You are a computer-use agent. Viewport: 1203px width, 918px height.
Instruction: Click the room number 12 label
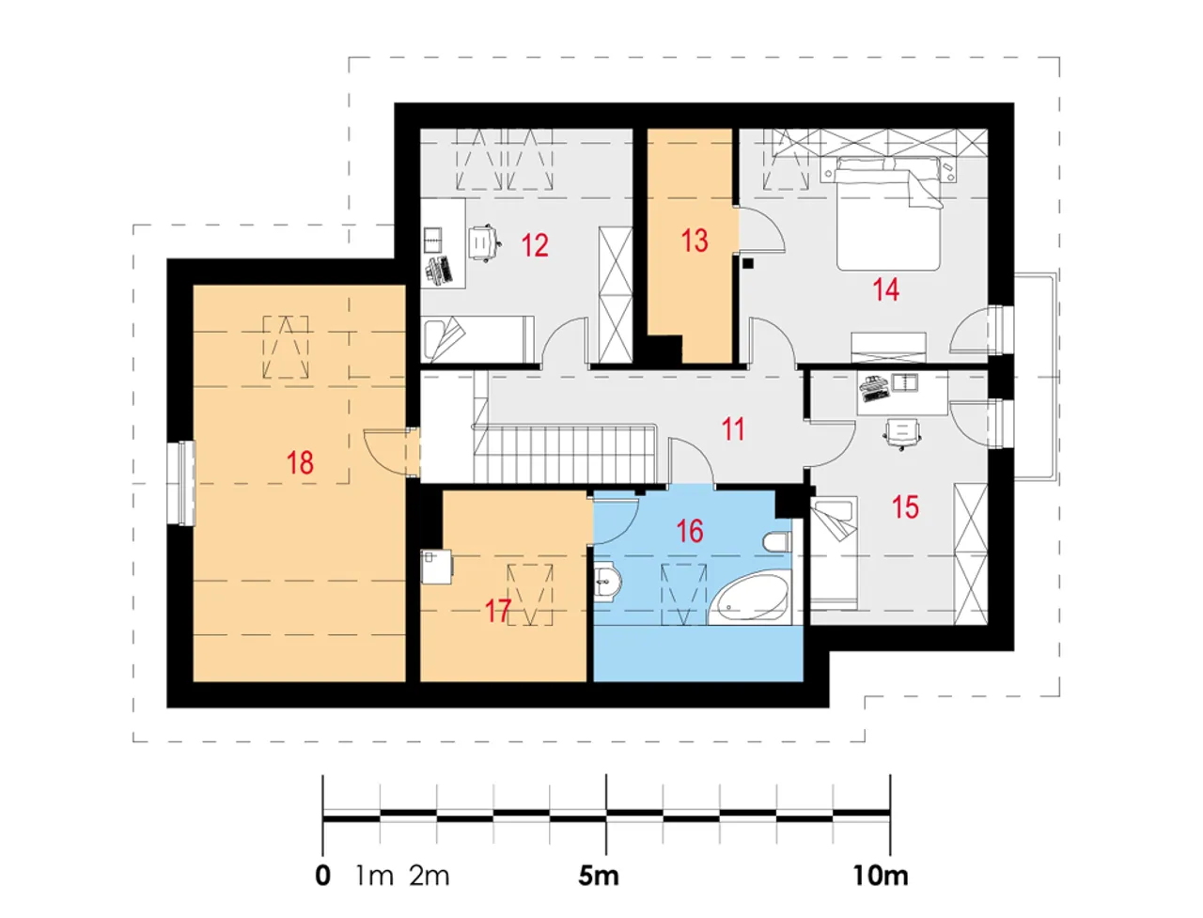coord(535,245)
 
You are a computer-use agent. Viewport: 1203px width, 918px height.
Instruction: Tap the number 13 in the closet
coord(695,241)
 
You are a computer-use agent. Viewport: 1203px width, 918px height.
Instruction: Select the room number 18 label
coord(301,463)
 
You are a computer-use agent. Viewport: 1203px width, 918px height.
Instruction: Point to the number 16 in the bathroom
coord(690,531)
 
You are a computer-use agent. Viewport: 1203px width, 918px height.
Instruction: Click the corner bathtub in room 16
coord(749,599)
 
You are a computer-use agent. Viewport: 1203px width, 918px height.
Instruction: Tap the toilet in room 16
coord(775,542)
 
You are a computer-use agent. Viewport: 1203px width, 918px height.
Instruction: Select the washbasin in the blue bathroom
coord(607,581)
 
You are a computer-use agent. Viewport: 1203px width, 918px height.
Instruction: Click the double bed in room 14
coord(884,212)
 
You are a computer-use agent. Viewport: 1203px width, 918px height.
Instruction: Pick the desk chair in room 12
coord(485,243)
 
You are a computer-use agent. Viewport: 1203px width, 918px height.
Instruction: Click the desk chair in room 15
coord(901,434)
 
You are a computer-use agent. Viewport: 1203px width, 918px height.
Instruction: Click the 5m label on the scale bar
coord(599,877)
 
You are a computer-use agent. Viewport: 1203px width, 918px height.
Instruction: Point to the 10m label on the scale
coord(881,877)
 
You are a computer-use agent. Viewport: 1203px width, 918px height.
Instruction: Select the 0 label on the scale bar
coord(322,877)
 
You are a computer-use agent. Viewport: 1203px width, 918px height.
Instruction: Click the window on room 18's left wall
coord(180,483)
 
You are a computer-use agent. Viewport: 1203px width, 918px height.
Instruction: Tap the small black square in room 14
coord(749,263)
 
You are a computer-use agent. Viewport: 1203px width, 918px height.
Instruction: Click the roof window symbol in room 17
coord(529,595)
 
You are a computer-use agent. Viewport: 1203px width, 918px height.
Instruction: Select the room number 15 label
coord(905,507)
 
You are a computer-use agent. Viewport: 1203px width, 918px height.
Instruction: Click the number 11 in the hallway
coord(733,429)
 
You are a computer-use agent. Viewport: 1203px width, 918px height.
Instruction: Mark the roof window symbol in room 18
coord(285,348)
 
